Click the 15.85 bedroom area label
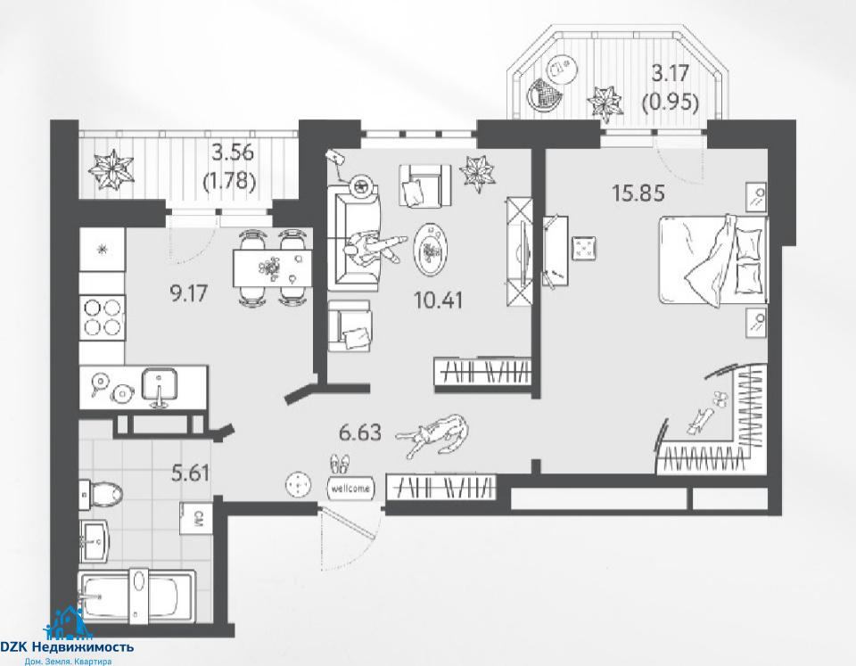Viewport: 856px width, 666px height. pyautogui.click(x=638, y=193)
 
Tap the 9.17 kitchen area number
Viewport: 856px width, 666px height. pyautogui.click(x=188, y=294)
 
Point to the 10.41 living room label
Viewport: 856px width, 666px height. pyautogui.click(x=439, y=300)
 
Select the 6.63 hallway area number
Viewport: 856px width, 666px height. pyautogui.click(x=360, y=433)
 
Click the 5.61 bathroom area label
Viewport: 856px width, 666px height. pyautogui.click(x=191, y=473)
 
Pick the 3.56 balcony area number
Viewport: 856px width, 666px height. pyautogui.click(x=233, y=152)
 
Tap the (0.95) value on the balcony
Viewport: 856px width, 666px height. pyautogui.click(x=671, y=102)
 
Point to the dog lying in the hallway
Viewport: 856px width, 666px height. pyautogui.click(x=432, y=435)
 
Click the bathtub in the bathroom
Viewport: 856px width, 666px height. pyautogui.click(x=136, y=596)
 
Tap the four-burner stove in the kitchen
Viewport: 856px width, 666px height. pyautogui.click(x=102, y=317)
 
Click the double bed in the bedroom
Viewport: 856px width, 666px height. pyautogui.click(x=713, y=260)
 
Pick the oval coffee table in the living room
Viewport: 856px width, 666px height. pyautogui.click(x=432, y=251)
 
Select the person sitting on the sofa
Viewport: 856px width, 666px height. pyautogui.click(x=374, y=248)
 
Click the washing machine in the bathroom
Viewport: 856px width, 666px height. pyautogui.click(x=199, y=516)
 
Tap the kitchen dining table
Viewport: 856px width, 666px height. pyautogui.click(x=272, y=267)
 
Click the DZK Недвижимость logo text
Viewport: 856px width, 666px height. pyautogui.click(x=67, y=647)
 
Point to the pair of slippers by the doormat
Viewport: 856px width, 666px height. pyautogui.click(x=340, y=464)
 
